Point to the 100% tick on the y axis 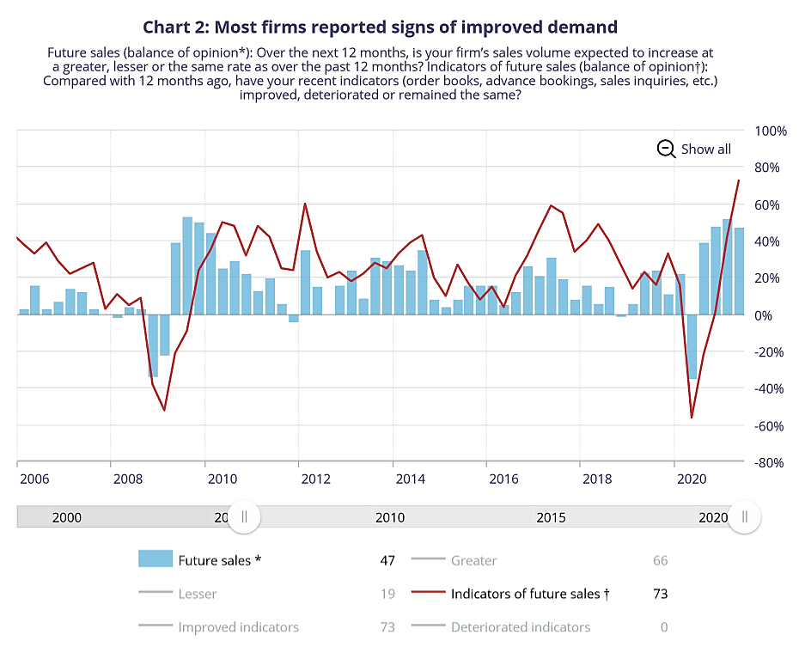click(x=771, y=131)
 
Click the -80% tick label click(x=771, y=462)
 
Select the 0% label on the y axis click(x=778, y=315)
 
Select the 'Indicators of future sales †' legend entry click(x=529, y=593)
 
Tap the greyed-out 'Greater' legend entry click(x=473, y=560)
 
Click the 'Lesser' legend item click(x=198, y=593)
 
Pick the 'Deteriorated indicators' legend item click(x=521, y=627)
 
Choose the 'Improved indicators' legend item click(x=238, y=627)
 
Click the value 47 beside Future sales click(x=387, y=560)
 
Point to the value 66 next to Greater click(x=660, y=560)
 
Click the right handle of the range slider click(x=744, y=516)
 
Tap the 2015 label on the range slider click(x=551, y=517)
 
